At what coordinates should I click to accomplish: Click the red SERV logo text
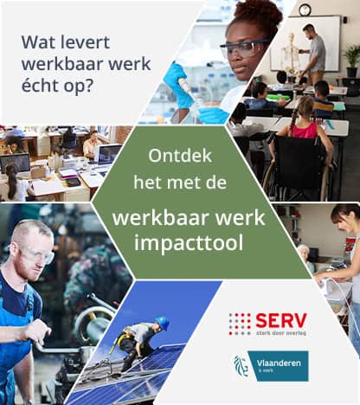coord(281,321)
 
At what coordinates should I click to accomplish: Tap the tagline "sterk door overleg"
coord(281,334)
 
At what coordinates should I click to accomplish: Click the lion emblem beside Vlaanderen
coord(241,366)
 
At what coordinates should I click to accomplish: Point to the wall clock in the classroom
coord(304,10)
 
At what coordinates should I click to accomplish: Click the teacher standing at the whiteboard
coord(316,52)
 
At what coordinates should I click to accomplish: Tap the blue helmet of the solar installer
coord(162,322)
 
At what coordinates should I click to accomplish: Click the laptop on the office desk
coord(108,155)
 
